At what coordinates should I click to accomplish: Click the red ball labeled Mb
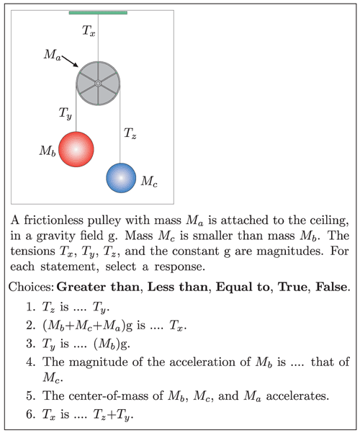tap(76, 149)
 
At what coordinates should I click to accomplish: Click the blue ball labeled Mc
tap(121, 178)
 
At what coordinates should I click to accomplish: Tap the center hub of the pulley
tap(98, 83)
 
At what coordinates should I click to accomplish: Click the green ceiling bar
tap(98, 13)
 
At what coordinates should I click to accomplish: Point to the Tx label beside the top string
tap(89, 30)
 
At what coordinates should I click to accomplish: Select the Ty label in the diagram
tap(65, 113)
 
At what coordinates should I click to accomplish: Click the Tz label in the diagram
tap(130, 133)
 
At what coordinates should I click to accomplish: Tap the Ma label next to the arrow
tap(52, 55)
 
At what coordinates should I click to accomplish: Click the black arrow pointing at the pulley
tap(70, 61)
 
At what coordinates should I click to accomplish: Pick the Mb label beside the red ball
tap(48, 151)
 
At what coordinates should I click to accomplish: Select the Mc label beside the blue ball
tap(149, 182)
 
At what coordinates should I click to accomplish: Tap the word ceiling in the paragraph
tap(329, 220)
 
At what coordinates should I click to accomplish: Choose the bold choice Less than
tap(178, 287)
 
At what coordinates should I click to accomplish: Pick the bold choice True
tap(293, 287)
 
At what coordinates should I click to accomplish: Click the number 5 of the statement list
tap(30, 396)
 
